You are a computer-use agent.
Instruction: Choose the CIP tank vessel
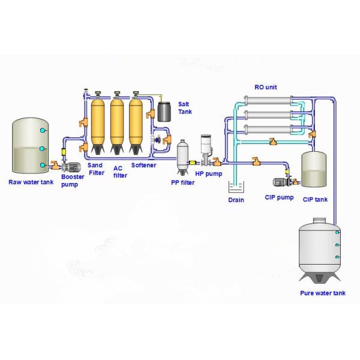(x=314, y=168)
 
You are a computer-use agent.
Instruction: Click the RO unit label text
(x=266, y=88)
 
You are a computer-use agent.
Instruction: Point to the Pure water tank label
(x=323, y=293)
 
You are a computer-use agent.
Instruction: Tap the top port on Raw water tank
(x=42, y=130)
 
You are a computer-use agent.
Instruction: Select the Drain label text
(x=236, y=200)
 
